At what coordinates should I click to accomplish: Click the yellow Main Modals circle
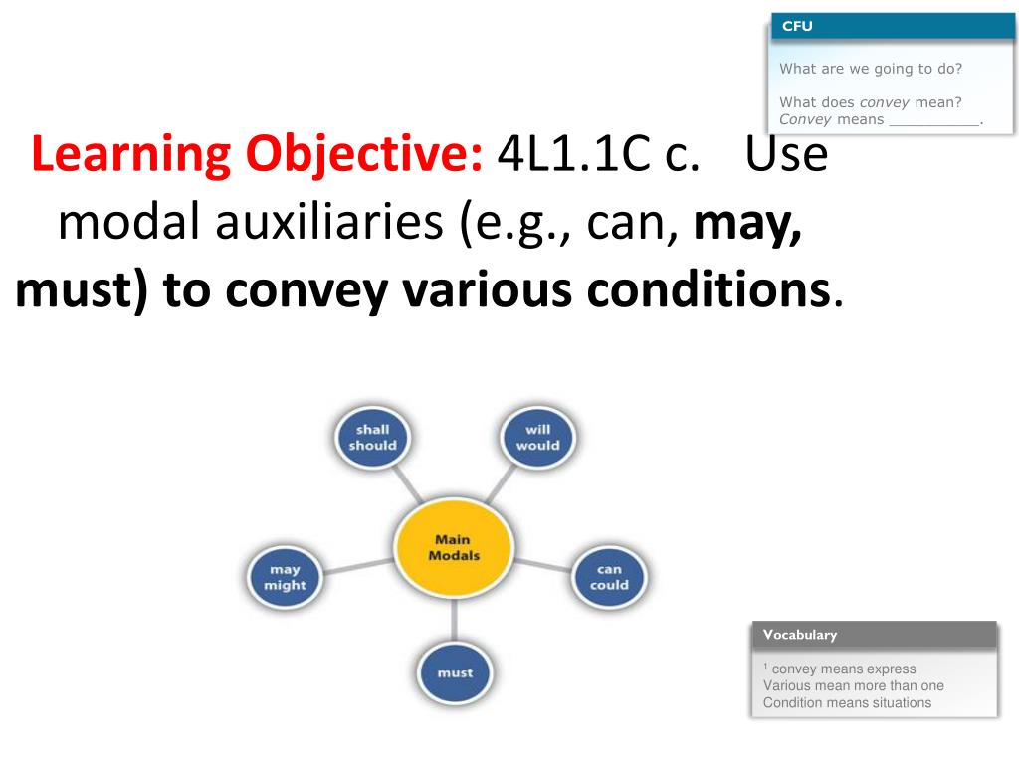pos(454,548)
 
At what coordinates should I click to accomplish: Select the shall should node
pos(372,438)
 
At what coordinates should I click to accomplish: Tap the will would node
pos(537,438)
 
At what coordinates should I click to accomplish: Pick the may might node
pos(285,578)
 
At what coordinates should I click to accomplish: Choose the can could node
pos(609,578)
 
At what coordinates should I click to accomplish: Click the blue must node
pos(455,672)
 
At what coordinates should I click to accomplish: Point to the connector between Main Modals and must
pos(455,618)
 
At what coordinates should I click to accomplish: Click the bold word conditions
pos(708,289)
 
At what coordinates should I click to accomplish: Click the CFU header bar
pos(892,26)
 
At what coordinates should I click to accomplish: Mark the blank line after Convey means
pos(933,120)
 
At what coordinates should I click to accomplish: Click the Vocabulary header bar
pos(874,635)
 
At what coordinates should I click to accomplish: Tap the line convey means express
pos(842,668)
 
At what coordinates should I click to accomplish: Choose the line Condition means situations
pos(847,702)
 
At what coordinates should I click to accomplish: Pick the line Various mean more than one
pos(853,685)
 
